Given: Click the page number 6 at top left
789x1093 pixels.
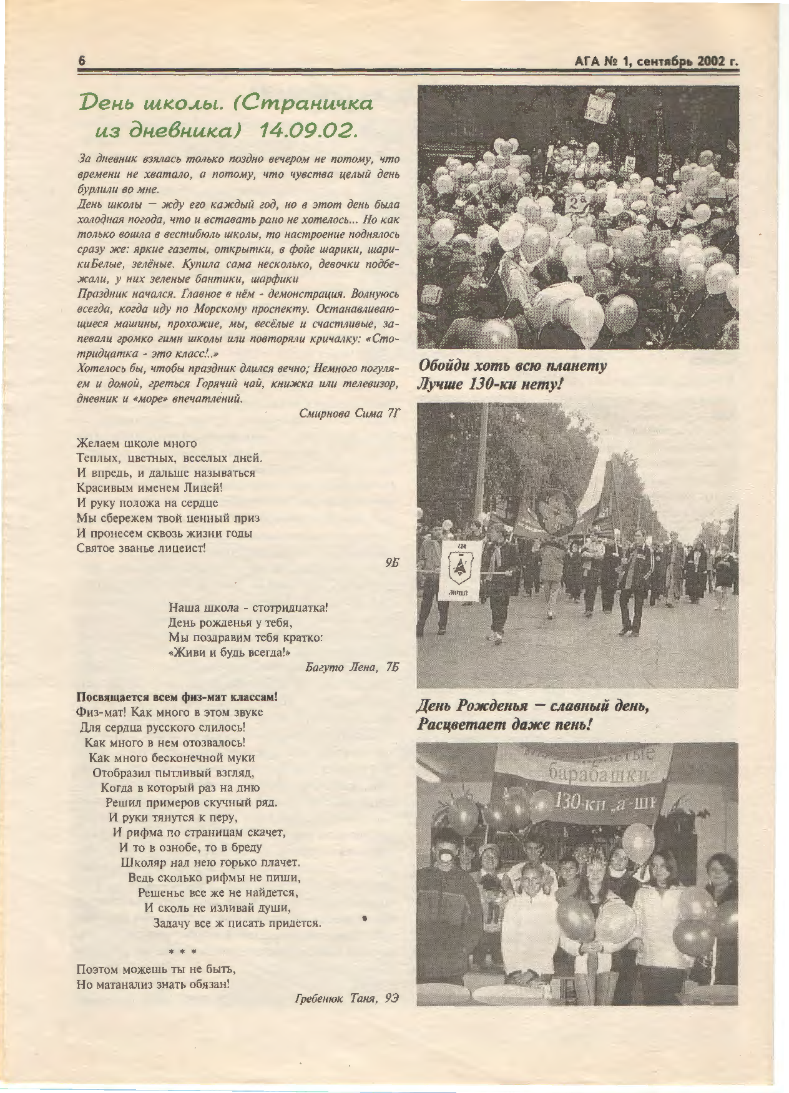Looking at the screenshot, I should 81,61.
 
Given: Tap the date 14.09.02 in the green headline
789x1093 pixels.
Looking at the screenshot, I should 309,130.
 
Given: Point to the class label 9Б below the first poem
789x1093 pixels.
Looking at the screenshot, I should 391,562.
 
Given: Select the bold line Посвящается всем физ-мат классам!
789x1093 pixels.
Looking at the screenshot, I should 177,697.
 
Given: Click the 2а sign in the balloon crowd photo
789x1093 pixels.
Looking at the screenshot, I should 576,202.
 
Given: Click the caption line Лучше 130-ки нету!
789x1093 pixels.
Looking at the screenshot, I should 490,385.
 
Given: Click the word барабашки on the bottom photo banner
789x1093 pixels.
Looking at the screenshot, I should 600,775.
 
